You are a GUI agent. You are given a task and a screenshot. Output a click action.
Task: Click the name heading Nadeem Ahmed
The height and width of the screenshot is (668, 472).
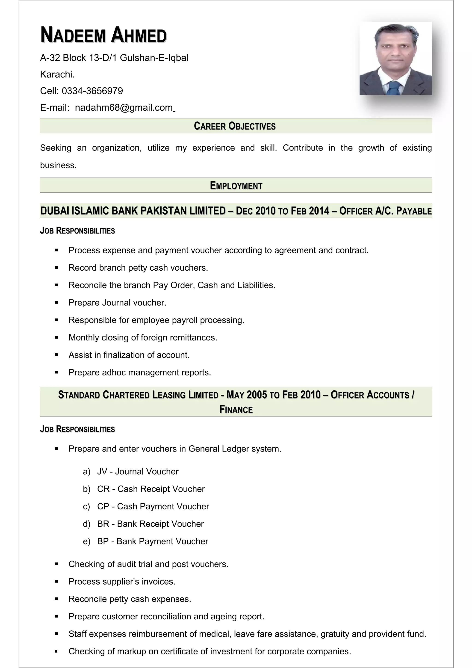coord(103,35)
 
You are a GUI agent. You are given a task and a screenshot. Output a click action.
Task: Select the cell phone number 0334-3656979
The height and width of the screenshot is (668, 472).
coord(92,91)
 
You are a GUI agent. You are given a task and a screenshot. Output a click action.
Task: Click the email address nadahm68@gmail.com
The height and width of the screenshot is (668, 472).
coord(124,108)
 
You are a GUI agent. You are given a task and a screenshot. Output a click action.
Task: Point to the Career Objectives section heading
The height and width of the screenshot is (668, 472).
coord(235,126)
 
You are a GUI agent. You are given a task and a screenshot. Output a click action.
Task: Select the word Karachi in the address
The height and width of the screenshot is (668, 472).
coord(57,74)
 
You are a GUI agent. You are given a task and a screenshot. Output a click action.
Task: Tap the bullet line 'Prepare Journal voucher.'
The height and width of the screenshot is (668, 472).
coord(117,303)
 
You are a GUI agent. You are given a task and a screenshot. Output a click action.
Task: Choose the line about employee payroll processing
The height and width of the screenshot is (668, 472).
coord(156,320)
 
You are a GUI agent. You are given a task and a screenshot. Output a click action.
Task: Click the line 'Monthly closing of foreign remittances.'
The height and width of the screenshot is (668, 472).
coord(143,337)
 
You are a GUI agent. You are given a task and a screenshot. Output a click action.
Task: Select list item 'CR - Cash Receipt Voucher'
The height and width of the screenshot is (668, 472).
coord(151,489)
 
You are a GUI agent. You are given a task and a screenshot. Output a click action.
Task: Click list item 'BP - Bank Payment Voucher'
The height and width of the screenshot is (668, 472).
coord(152,541)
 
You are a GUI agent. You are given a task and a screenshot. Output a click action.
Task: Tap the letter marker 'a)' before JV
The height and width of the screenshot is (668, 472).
coord(86,471)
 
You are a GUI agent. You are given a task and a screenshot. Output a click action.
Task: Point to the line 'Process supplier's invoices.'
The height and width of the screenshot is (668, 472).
coord(122,581)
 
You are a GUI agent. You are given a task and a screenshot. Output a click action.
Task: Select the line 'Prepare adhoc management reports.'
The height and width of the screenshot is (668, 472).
coord(140,372)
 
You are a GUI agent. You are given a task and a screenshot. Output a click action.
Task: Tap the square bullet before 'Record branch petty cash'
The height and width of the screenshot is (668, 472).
coord(56,268)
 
